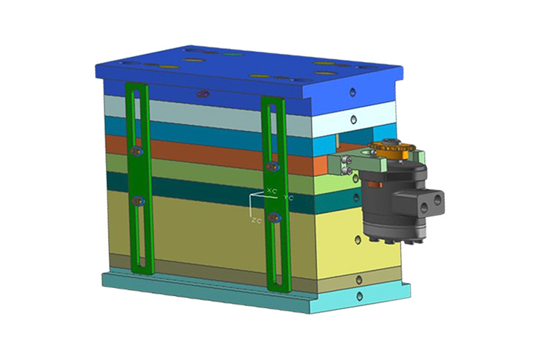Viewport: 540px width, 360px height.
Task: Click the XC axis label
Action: point(272,191)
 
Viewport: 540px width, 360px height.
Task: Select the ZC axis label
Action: point(256,221)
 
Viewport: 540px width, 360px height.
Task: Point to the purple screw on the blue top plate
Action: point(203,94)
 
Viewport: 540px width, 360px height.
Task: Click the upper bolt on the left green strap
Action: point(136,151)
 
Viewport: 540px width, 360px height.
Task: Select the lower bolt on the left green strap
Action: point(138,200)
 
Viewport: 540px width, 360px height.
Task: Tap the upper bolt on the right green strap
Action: point(273,167)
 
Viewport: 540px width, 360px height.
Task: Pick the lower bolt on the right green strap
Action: point(274,217)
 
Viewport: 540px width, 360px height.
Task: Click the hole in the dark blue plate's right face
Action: point(352,92)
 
